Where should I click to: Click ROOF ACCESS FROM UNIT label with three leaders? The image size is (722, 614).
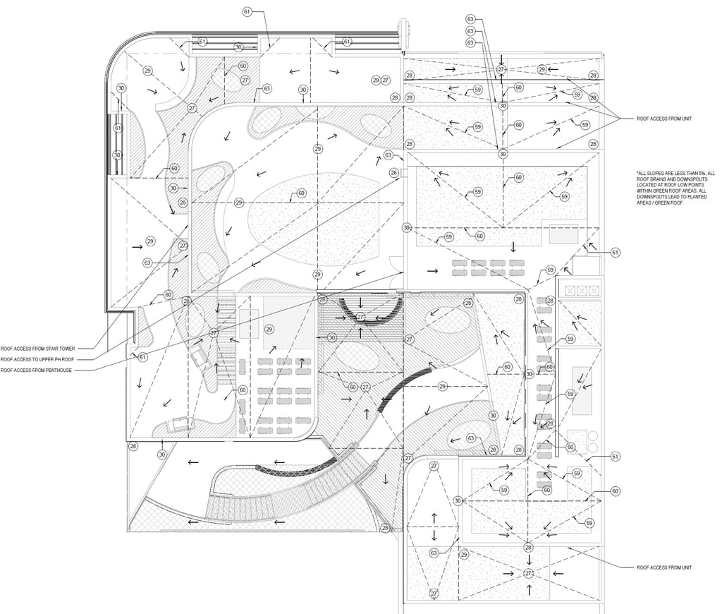pos(664,119)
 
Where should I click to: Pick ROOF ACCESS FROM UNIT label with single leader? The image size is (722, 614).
pos(664,567)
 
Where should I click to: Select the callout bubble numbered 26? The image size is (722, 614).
pos(394,172)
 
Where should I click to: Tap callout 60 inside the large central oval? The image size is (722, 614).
pos(301,193)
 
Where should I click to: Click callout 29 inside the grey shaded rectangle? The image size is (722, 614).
pos(269,330)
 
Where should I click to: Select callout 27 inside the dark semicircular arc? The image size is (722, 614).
pos(361,317)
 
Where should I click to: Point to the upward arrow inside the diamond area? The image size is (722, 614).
pos(434,516)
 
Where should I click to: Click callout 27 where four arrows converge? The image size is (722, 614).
pos(527,574)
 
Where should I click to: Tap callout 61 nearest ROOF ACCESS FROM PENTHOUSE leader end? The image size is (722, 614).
pos(143,357)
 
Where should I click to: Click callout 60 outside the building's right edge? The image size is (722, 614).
pos(615,491)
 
